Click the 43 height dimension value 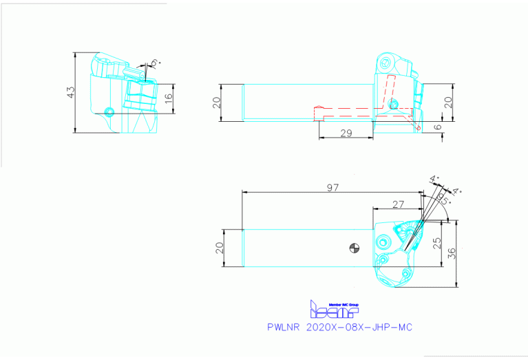[x=70, y=92]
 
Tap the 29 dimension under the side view [x=346, y=133]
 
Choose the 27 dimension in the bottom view [x=397, y=203]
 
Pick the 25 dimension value [x=436, y=242]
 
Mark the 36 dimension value [x=452, y=252]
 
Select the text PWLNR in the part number [x=283, y=328]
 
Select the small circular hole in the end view [x=107, y=111]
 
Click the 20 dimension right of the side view [x=447, y=103]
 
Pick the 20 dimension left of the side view [x=216, y=103]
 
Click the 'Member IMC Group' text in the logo [x=344, y=304]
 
